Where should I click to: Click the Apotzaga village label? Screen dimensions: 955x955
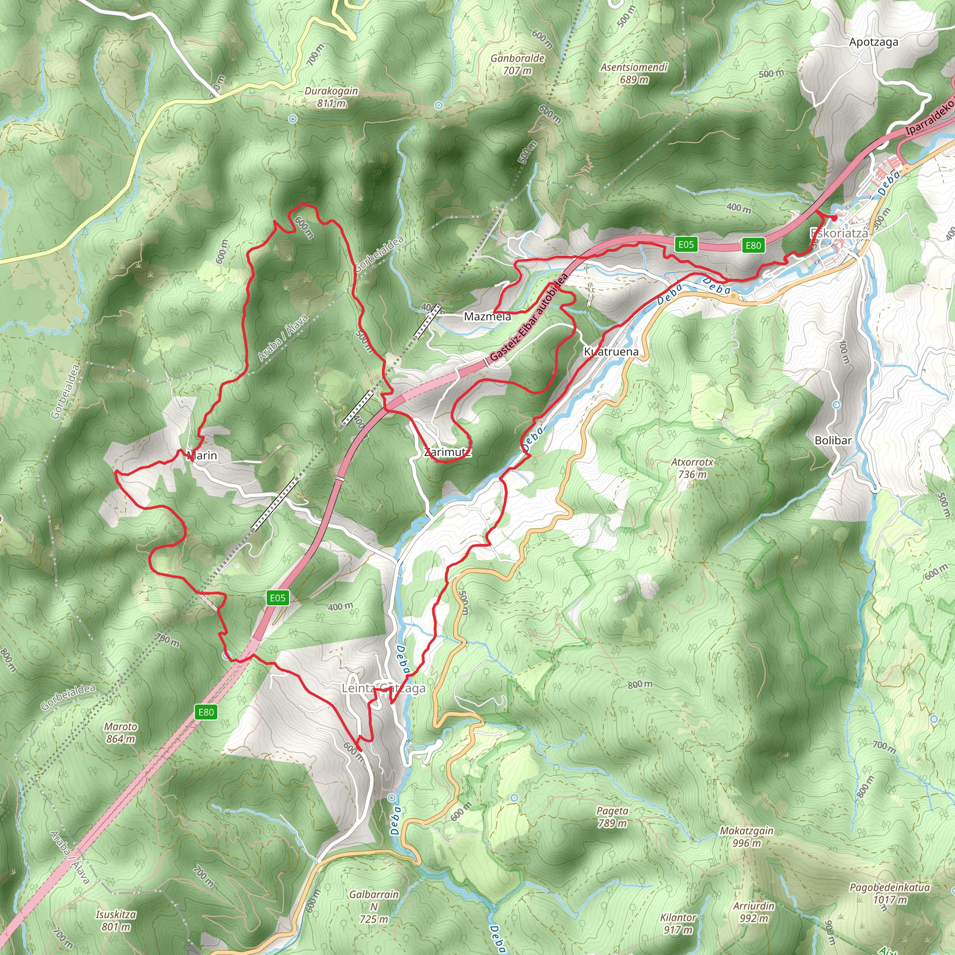click(873, 42)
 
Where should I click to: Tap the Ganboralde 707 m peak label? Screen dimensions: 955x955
click(518, 65)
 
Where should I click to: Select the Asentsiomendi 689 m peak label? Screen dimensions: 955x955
click(634, 73)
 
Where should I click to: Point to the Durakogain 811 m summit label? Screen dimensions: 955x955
click(331, 97)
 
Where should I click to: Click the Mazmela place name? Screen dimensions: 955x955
click(487, 317)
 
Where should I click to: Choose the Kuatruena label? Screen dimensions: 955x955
click(611, 352)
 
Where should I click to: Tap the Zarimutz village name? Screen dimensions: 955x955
click(447, 452)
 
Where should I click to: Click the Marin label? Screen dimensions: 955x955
click(202, 456)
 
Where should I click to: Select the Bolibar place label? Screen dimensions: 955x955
click(833, 440)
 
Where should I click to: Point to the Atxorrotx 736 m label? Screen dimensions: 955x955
click(692, 468)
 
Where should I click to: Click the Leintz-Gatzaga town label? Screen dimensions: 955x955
click(384, 689)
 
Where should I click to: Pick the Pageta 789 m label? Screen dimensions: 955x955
click(612, 817)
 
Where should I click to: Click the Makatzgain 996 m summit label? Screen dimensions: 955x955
click(747, 837)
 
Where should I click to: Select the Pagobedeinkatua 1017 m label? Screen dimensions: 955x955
click(890, 893)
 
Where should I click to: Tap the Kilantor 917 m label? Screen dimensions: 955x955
click(678, 924)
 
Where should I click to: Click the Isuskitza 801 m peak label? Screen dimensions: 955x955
click(116, 921)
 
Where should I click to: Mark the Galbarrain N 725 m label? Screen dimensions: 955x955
click(374, 907)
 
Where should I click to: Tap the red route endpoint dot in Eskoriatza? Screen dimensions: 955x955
click(834, 218)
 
